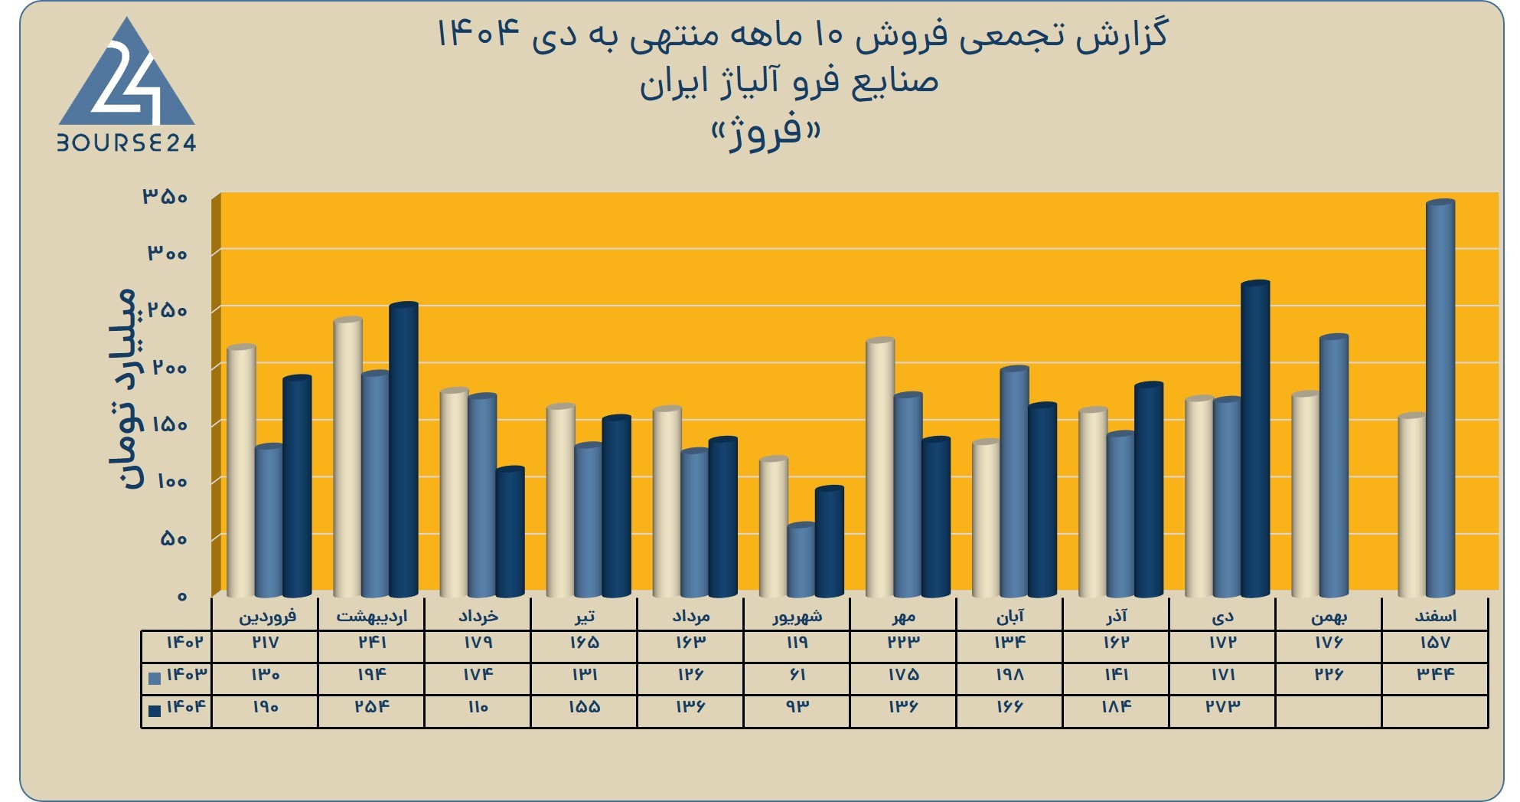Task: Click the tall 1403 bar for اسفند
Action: click(1440, 398)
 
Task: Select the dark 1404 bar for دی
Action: click(1255, 439)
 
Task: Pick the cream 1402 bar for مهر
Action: click(880, 467)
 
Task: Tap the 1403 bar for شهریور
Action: click(801, 560)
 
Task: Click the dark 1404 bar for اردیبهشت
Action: click(403, 450)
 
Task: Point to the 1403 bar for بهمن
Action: click(1334, 466)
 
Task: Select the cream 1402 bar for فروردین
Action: click(242, 471)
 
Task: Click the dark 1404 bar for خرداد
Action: click(510, 532)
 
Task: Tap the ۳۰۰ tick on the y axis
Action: click(167, 253)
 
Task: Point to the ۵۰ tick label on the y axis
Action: click(174, 538)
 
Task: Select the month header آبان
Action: click(1010, 616)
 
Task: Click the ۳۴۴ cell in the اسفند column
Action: click(1435, 674)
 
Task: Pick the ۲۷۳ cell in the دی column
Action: click(1222, 706)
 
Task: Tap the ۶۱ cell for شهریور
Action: click(797, 674)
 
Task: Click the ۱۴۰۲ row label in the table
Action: click(184, 642)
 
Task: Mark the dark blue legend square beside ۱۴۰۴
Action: click(155, 710)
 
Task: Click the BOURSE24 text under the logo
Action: click(127, 142)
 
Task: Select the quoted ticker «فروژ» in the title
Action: click(765, 133)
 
